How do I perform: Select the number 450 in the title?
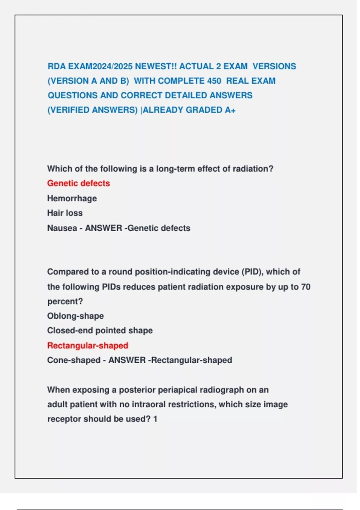click(214, 81)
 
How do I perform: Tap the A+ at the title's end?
click(230, 110)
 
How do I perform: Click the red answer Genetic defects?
click(79, 183)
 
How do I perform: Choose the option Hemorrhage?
click(72, 198)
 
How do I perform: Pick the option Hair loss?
click(65, 213)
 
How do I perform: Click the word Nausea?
click(62, 228)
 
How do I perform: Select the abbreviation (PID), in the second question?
click(252, 272)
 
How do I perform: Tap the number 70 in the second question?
click(305, 287)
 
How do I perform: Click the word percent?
click(65, 301)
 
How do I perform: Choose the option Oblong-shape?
click(75, 316)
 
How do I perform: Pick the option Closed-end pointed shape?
click(100, 331)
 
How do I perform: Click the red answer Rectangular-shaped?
click(88, 346)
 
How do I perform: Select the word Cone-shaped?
click(74, 360)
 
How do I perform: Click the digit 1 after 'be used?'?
click(155, 419)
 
